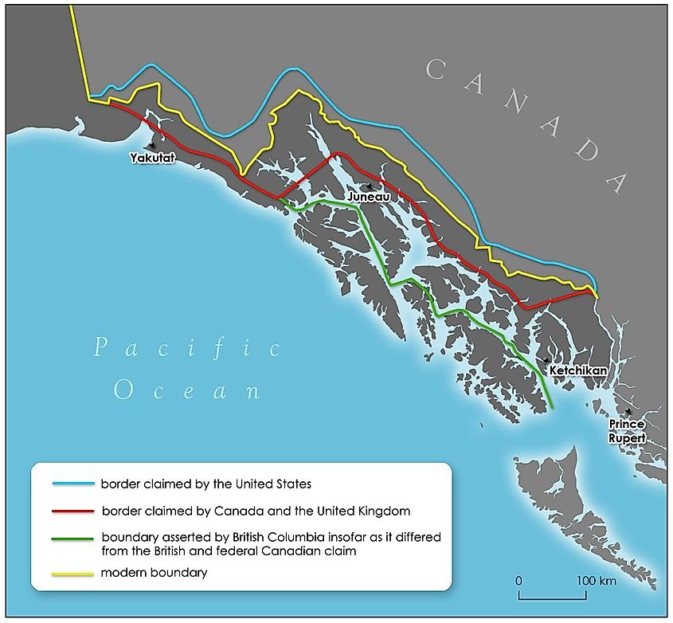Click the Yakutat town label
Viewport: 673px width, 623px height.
pos(151,159)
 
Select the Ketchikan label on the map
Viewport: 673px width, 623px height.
pos(577,370)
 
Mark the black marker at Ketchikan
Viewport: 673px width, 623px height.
pos(546,361)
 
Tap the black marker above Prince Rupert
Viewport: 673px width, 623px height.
pos(629,411)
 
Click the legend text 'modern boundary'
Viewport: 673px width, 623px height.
pos(154,573)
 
